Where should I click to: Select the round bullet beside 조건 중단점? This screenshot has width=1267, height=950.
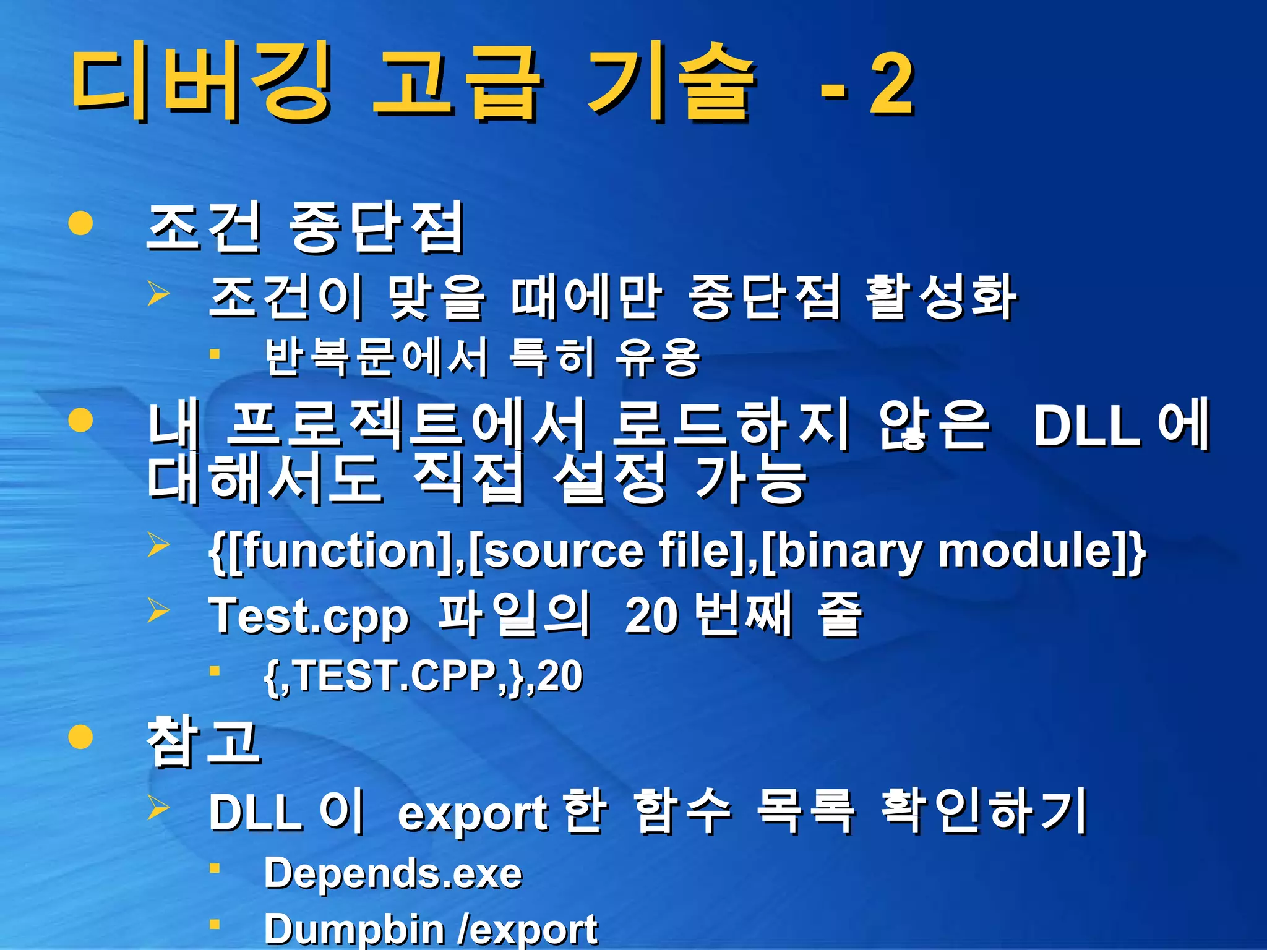tap(81, 223)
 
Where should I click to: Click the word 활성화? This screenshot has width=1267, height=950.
tap(940, 297)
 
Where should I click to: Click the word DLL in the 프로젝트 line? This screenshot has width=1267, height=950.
tap(1086, 426)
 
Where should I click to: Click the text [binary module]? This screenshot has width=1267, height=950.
tap(947, 550)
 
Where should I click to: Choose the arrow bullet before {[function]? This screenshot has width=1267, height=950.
tap(158, 545)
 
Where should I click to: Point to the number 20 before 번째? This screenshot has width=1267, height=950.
tap(651, 616)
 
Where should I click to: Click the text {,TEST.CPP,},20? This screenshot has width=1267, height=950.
tap(423, 676)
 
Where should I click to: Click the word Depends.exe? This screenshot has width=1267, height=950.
tap(393, 873)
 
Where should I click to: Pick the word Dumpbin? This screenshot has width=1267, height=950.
tap(354, 929)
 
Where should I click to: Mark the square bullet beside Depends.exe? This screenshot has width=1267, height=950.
tap(215, 868)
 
